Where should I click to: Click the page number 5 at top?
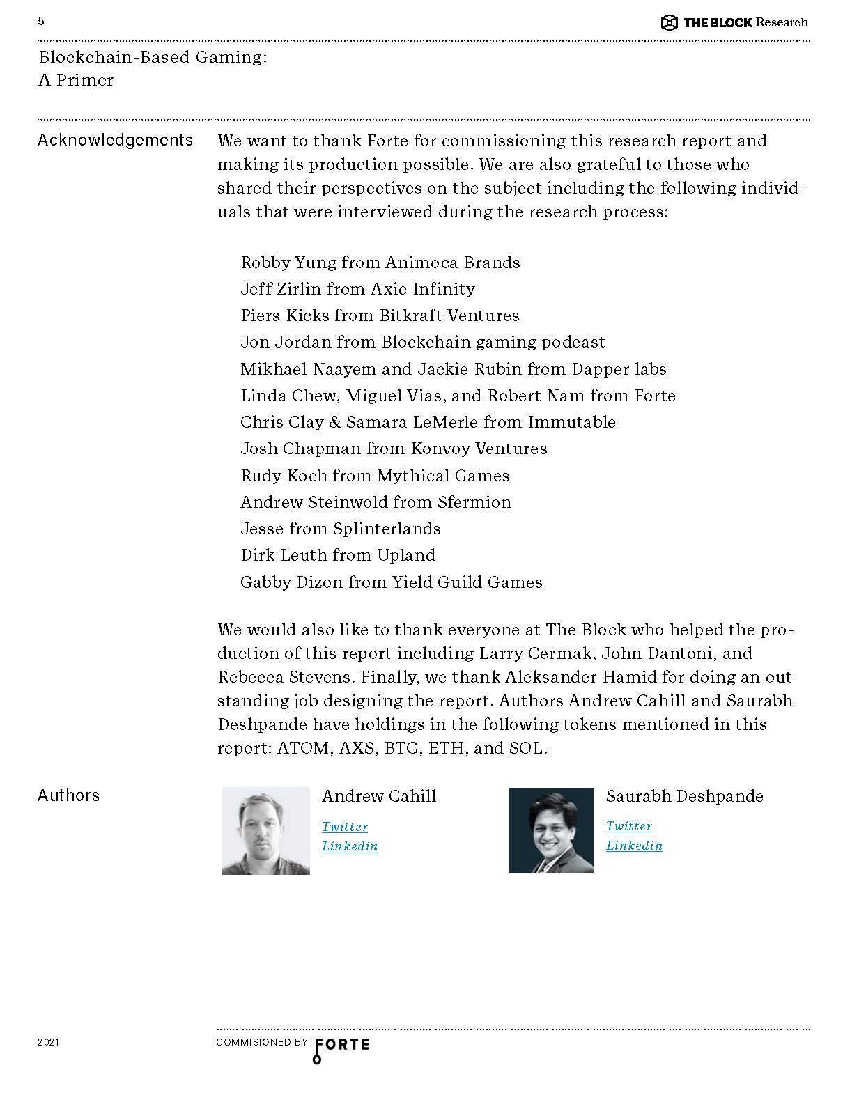pos(41,22)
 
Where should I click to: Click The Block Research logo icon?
pos(669,23)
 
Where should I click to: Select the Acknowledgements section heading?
pos(115,141)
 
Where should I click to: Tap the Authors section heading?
pos(68,795)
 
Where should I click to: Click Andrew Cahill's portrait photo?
pos(265,831)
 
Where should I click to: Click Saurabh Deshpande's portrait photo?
pos(551,831)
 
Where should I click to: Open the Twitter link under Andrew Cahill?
pos(345,827)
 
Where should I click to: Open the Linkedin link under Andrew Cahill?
pos(350,846)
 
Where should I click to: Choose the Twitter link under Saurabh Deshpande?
pos(629,826)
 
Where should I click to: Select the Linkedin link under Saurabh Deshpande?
pos(634,846)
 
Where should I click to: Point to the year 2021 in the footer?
pos(48,1043)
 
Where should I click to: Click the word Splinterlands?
pos(387,529)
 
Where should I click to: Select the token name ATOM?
pos(303,749)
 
